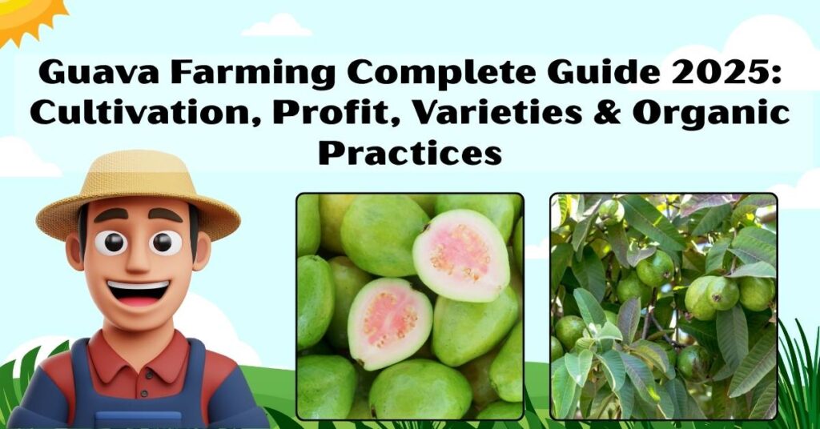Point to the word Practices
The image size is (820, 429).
click(x=410, y=150)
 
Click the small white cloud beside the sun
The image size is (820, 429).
click(x=276, y=26)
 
